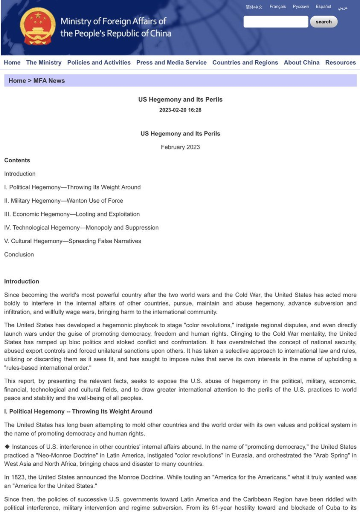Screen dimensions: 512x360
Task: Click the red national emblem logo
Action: click(x=38, y=26)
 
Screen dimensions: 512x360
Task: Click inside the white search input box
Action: click(x=275, y=22)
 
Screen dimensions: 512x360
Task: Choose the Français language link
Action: click(x=278, y=7)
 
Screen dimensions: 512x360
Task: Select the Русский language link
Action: click(x=301, y=7)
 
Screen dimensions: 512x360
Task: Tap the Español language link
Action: click(x=323, y=7)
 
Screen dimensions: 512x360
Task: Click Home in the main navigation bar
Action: click(x=12, y=63)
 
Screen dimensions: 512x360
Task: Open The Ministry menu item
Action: click(x=44, y=63)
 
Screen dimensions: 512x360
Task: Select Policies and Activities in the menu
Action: click(x=99, y=63)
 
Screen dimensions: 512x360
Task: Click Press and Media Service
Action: click(x=171, y=63)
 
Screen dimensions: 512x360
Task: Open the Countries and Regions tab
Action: click(x=245, y=63)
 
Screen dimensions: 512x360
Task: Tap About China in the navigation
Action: click(x=301, y=63)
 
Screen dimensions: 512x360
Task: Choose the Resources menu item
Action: click(x=340, y=63)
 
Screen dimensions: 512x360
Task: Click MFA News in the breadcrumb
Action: click(x=49, y=81)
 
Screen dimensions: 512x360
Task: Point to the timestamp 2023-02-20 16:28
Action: click(x=180, y=110)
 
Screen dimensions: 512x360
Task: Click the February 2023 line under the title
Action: click(x=180, y=147)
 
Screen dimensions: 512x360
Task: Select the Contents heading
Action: click(x=17, y=161)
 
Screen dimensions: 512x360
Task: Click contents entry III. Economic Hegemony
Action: click(x=72, y=214)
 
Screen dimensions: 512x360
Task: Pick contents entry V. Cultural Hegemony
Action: click(x=72, y=241)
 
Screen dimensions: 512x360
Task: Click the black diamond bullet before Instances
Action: click(x=7, y=447)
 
